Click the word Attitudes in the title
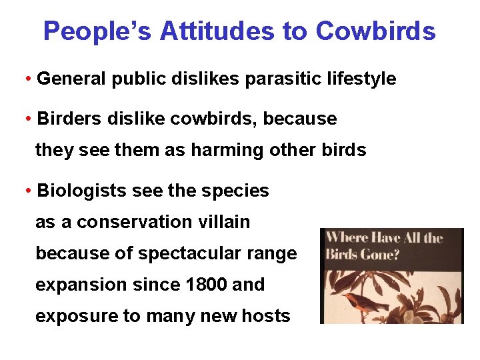[235, 31]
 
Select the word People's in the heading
[98, 31]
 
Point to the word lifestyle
[359, 79]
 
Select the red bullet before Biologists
[29, 191]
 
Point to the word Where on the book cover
[347, 239]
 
